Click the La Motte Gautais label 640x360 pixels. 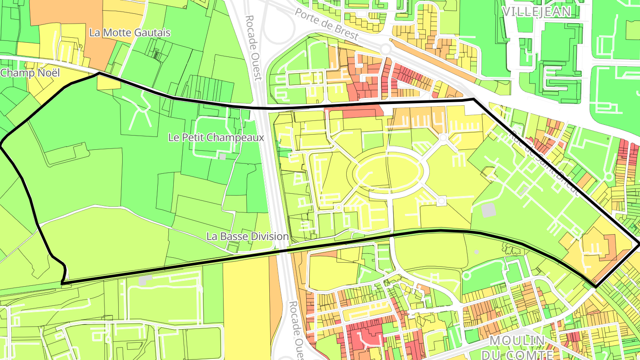coord(130,32)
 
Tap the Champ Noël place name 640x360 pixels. coord(30,73)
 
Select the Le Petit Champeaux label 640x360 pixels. coord(216,137)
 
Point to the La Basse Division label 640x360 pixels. coord(248,236)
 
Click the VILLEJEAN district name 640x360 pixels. coord(536,12)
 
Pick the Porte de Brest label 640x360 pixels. coord(327,24)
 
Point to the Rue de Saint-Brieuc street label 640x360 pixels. coord(545,163)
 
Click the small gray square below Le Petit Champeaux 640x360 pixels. coord(223,156)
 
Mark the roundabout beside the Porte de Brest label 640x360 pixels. coord(385,49)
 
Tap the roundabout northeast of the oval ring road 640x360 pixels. coord(443,138)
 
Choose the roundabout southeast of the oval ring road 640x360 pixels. coord(441,201)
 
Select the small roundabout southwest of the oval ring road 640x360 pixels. coord(339,207)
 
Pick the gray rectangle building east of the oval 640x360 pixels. coord(488,210)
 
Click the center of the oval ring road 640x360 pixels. coord(387,173)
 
